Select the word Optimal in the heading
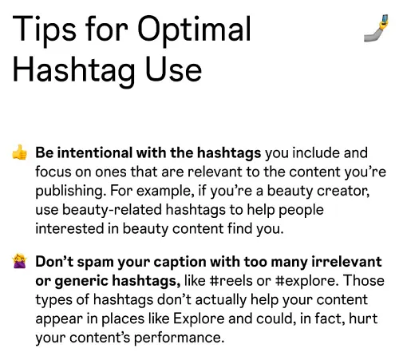pos(195,30)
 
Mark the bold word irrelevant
pos(343,262)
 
